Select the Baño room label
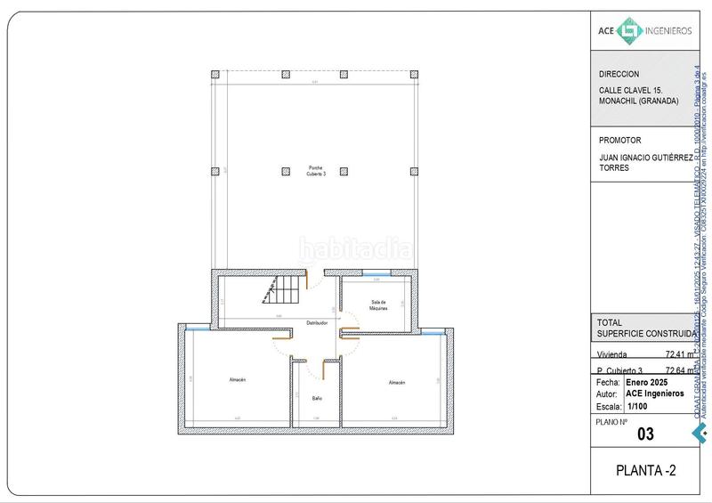317,398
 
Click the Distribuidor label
318,322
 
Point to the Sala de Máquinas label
379,305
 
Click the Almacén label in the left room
236,381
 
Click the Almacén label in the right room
396,382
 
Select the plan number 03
647,434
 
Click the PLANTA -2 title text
646,471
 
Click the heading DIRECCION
619,75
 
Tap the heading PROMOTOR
620,140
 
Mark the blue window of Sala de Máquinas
376,272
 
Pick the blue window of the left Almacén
198,328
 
